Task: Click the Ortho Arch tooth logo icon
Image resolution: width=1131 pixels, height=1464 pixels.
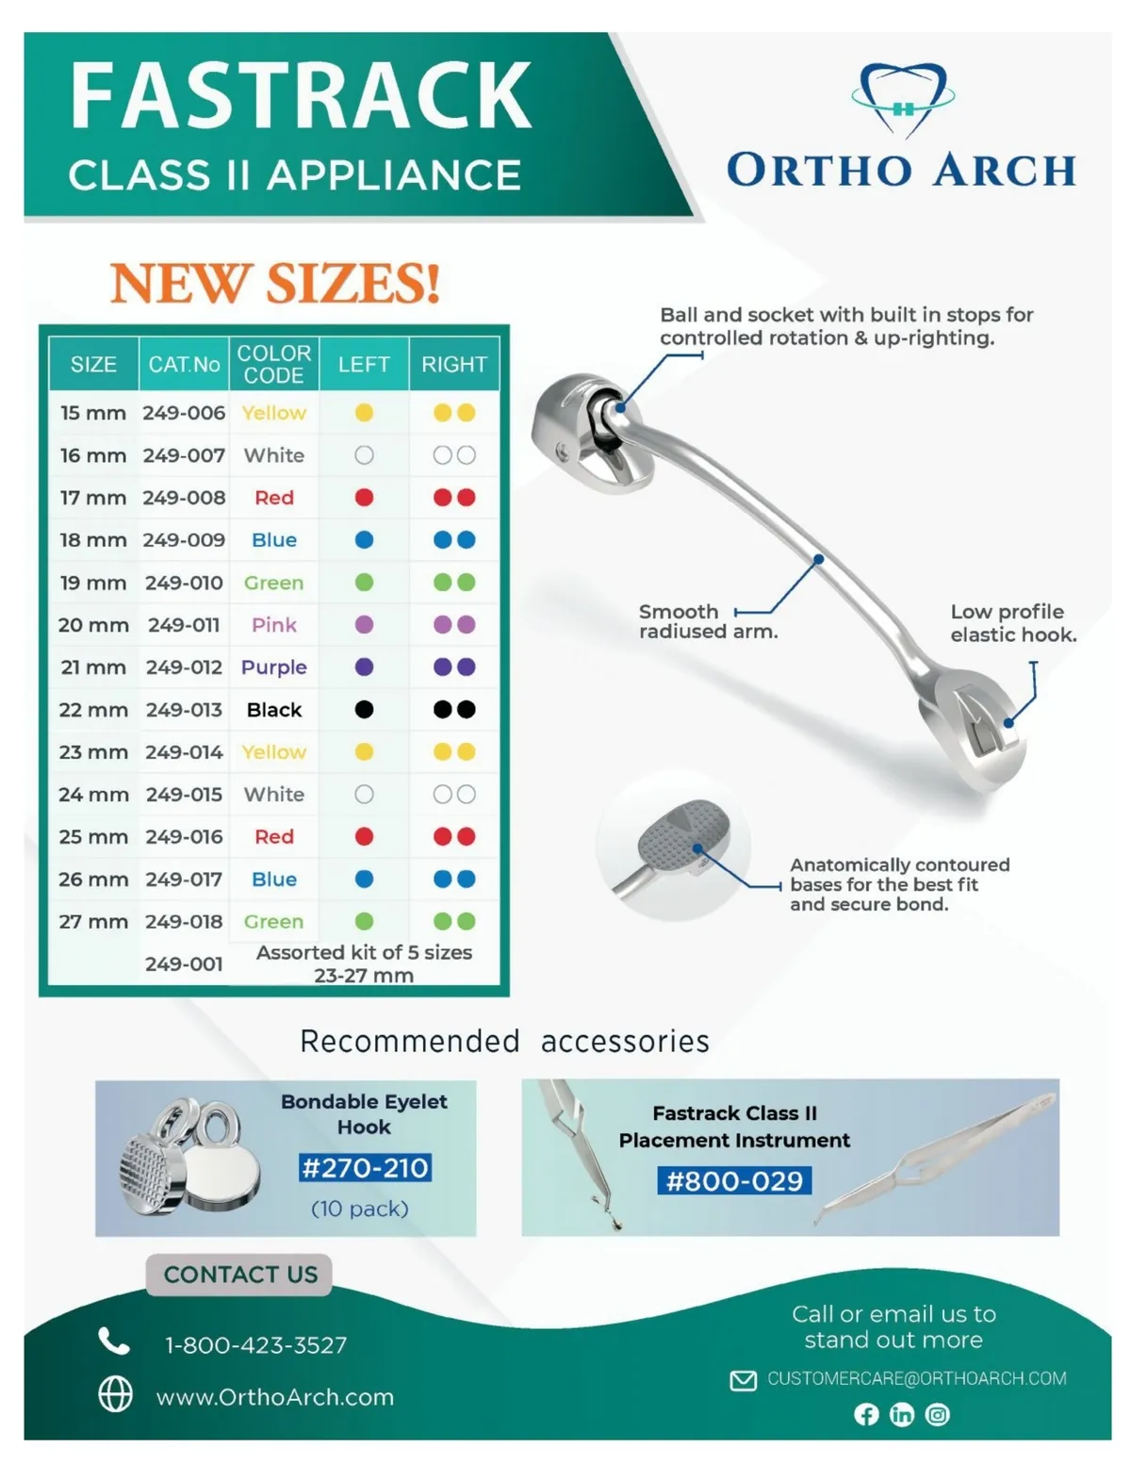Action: pyautogui.click(x=903, y=100)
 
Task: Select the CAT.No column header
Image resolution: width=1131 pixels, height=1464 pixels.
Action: pyautogui.click(x=184, y=365)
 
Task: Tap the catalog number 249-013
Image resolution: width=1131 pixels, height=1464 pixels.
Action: pyautogui.click(x=184, y=710)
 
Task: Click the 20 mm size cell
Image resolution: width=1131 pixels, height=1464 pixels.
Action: pyautogui.click(x=93, y=625)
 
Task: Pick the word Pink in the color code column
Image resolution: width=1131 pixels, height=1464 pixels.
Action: pyautogui.click(x=273, y=625)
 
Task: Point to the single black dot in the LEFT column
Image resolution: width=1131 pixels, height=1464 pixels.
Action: pyautogui.click(x=364, y=710)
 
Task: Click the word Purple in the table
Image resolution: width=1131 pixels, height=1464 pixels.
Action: pyautogui.click(x=273, y=667)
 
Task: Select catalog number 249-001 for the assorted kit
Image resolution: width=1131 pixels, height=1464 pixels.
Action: pyautogui.click(x=184, y=964)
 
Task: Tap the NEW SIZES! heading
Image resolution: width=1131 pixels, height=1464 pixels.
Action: pyautogui.click(x=275, y=283)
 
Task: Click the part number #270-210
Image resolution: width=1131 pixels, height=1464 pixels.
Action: pyautogui.click(x=365, y=1168)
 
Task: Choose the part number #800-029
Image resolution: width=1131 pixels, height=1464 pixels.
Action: pyautogui.click(x=734, y=1181)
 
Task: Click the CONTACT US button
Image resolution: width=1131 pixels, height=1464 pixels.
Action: pyautogui.click(x=239, y=1275)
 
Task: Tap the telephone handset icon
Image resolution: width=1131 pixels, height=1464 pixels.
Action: pyautogui.click(x=113, y=1341)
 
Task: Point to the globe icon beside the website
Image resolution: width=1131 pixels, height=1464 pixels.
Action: pyautogui.click(x=115, y=1393)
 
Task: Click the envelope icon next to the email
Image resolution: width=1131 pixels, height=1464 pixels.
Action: pyautogui.click(x=743, y=1380)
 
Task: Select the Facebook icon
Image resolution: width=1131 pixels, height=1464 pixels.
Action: pyautogui.click(x=866, y=1414)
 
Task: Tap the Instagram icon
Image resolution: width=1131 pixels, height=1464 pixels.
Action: pyautogui.click(x=937, y=1414)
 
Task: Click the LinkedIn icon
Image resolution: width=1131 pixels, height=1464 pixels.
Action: pyautogui.click(x=902, y=1414)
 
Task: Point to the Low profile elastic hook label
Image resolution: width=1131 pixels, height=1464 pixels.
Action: pyautogui.click(x=1013, y=623)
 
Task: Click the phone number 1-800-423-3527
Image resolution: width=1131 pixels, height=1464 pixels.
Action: pyautogui.click(x=256, y=1345)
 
